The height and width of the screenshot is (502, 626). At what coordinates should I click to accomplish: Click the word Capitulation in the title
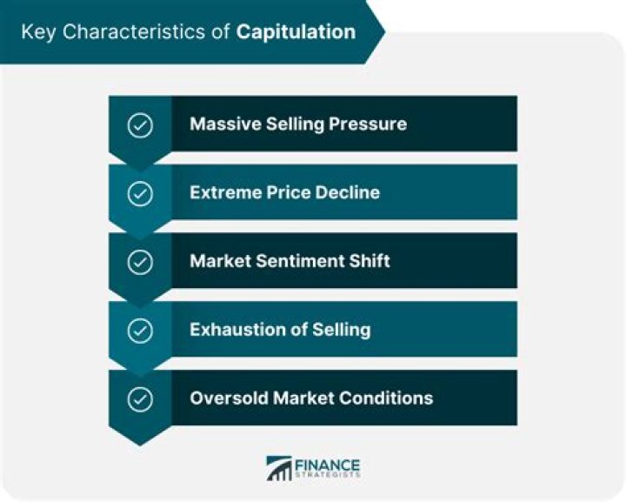pos(296,32)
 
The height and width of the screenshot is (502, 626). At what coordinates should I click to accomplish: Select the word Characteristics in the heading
pos(134,31)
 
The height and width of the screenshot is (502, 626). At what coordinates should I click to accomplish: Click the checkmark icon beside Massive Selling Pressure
pos(140,125)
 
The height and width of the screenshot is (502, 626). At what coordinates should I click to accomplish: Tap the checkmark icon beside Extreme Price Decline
pos(140,194)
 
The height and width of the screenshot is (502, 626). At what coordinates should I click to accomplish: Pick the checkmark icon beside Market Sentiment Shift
pos(140,262)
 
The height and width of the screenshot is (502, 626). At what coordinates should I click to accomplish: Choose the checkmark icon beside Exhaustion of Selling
pos(140,331)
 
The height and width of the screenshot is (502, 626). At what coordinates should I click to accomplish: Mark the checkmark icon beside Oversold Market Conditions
pos(140,399)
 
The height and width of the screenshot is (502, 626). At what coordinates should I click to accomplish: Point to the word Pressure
pos(368,124)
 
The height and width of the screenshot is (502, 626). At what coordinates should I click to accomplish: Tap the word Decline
pos(347,192)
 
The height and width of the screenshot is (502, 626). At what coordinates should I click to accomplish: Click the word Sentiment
pos(299,261)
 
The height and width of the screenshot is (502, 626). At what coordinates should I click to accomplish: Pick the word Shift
pos(370,261)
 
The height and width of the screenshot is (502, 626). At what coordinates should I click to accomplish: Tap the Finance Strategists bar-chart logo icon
pos(279,468)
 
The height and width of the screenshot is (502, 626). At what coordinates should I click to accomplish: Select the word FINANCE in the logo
pos(327,465)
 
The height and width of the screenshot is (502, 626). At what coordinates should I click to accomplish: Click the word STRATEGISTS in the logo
pos(327,474)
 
